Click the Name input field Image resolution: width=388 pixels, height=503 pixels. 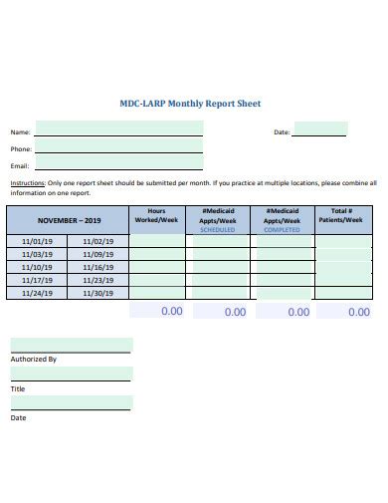coord(118,128)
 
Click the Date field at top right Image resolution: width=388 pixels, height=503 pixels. coord(319,128)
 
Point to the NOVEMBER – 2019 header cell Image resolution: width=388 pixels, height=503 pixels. coord(70,219)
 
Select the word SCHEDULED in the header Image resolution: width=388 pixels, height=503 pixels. coord(218,229)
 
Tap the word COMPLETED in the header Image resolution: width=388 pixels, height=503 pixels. coord(282,229)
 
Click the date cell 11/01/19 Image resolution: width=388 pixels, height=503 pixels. coord(37,241)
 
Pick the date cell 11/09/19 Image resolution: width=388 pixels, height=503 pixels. coord(98,254)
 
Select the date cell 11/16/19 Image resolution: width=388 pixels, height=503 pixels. coord(98,267)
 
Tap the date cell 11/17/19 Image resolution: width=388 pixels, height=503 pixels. coord(37,280)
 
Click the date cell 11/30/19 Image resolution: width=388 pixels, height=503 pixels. coord(98,293)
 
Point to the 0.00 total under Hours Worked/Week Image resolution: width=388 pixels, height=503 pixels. coord(171,311)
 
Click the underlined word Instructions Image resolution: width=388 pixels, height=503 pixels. coord(27,183)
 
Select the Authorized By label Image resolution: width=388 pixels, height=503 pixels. coord(33,359)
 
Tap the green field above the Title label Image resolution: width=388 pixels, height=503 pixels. coord(71,374)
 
